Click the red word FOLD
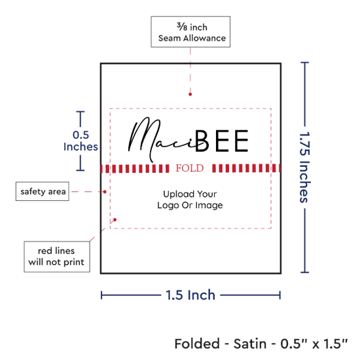tap(190, 168)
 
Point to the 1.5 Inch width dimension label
tap(190, 295)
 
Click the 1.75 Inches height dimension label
tap(305, 167)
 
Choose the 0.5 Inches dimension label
tap(81, 141)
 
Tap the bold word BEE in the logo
tap(222, 141)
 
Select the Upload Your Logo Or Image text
tap(190, 200)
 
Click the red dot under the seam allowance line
tap(190, 94)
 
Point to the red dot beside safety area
tap(105, 192)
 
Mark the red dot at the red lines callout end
tap(115, 220)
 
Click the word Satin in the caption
tap(250, 344)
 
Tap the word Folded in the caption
tap(197, 344)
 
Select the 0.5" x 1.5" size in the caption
tap(314, 344)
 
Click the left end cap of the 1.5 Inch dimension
tap(101, 295)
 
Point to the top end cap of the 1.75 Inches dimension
tap(304, 62)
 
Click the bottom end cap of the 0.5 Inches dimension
tap(81, 170)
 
